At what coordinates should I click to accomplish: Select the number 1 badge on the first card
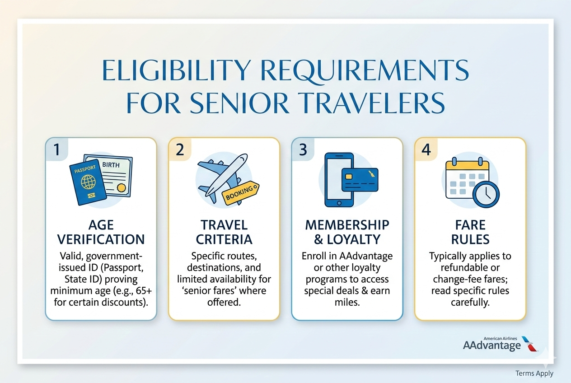point(56,149)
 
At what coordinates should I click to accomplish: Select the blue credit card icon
point(360,180)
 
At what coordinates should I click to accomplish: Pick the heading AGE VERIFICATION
point(101,232)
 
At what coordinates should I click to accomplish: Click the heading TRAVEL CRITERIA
point(224,232)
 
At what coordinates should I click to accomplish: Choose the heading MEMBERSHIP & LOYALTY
point(347,232)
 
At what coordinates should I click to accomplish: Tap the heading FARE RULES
point(470,232)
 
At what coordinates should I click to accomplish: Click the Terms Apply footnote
point(534,373)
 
